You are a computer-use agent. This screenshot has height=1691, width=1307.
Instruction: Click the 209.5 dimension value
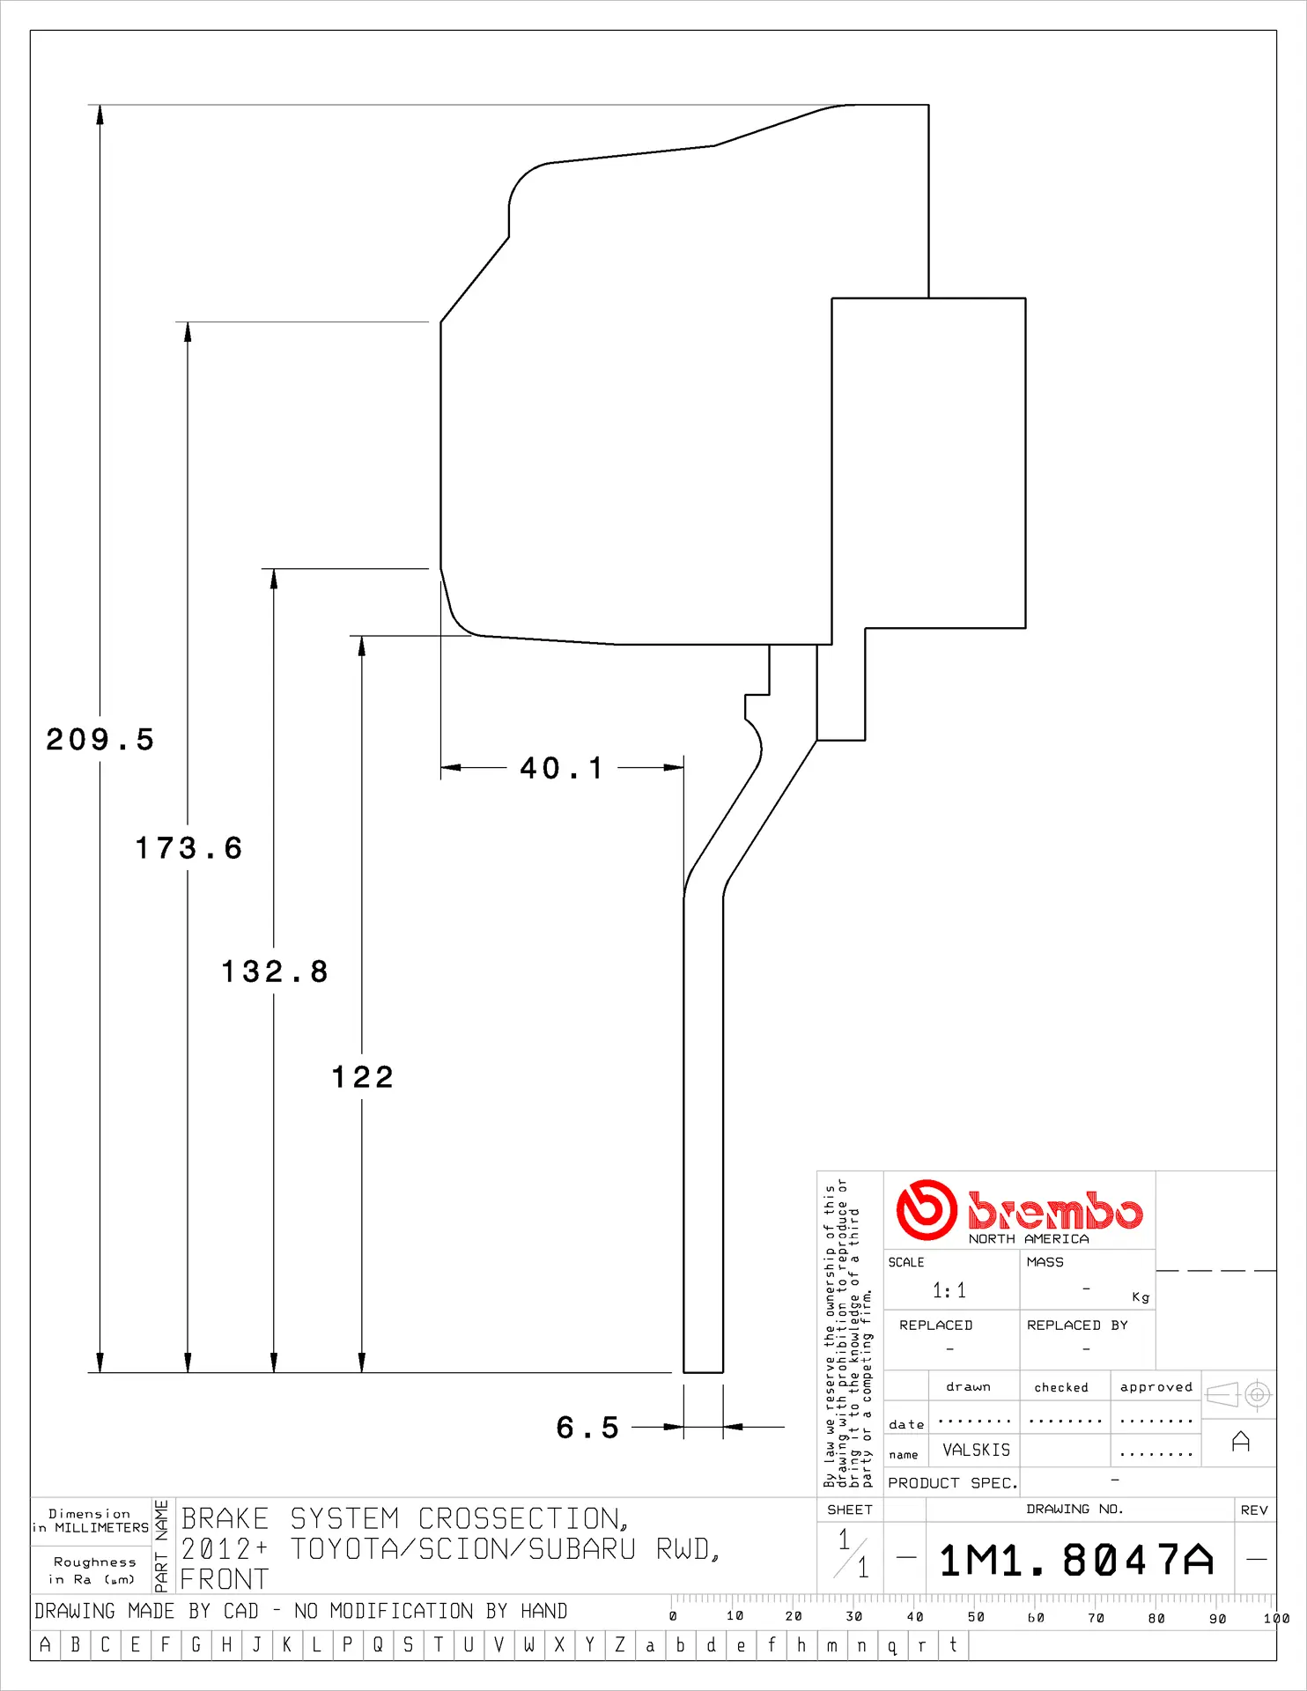(x=100, y=740)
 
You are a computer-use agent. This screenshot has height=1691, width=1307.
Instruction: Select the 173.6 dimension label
(x=188, y=848)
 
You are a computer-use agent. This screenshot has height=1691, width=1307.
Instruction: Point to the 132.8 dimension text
(x=274, y=971)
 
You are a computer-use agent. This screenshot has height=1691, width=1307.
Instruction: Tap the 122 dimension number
(x=362, y=1076)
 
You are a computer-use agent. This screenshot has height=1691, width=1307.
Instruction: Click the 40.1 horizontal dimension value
(x=561, y=768)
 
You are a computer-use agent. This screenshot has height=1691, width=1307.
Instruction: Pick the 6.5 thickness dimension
(x=587, y=1427)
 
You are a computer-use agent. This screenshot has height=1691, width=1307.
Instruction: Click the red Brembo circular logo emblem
(x=926, y=1210)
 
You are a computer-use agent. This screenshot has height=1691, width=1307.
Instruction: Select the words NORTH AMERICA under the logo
(x=1028, y=1239)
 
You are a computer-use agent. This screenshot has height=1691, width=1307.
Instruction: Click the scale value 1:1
(x=949, y=1291)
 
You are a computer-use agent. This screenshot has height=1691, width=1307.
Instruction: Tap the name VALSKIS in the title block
(x=976, y=1450)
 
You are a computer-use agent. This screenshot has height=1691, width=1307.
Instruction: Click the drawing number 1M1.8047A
(x=1076, y=1561)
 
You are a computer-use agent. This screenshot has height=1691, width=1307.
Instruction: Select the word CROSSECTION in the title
(x=522, y=1519)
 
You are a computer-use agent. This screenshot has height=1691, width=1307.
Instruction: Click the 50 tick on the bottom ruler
(x=975, y=1617)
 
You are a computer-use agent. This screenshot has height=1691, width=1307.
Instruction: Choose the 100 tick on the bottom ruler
(x=1274, y=1618)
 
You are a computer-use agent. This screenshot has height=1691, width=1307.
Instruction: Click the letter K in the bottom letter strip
(x=286, y=1645)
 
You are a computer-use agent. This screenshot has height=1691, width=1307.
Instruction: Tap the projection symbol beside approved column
(x=1238, y=1394)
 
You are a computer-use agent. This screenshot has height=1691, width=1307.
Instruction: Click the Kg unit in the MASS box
(x=1141, y=1297)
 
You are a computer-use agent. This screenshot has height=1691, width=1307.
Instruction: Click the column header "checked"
(x=1060, y=1387)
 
